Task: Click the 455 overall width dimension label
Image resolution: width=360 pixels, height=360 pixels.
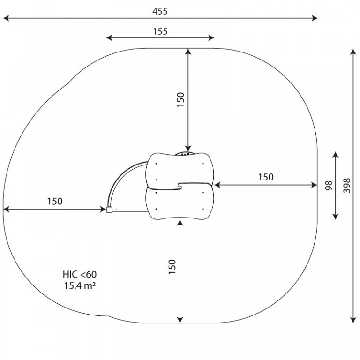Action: click(x=160, y=11)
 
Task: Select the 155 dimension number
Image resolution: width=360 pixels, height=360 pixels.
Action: click(x=160, y=31)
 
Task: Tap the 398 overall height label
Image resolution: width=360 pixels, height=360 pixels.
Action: click(x=347, y=186)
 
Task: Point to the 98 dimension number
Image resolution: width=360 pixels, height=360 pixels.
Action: click(x=329, y=186)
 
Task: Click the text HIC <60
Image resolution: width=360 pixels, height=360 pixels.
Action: click(x=80, y=274)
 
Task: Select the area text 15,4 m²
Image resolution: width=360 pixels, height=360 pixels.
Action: click(x=80, y=285)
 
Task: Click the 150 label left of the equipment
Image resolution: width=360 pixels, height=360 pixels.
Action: click(x=55, y=202)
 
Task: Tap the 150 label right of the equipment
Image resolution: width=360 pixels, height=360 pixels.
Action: click(x=266, y=177)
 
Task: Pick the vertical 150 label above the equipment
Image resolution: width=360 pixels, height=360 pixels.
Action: click(x=180, y=99)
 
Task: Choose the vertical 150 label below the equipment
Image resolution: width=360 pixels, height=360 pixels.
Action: click(x=172, y=267)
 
